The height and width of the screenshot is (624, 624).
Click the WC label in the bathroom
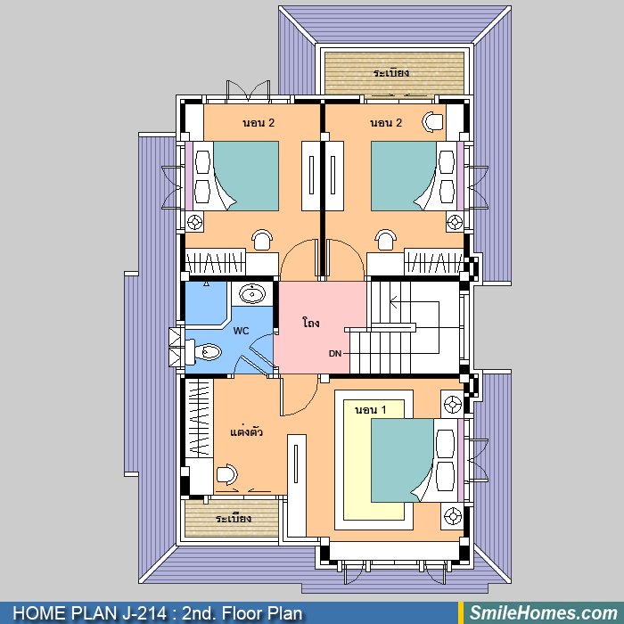click(x=242, y=331)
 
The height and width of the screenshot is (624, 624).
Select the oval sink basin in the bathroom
click(x=252, y=293)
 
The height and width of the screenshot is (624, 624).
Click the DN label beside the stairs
click(x=335, y=353)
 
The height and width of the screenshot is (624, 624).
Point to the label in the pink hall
click(x=311, y=323)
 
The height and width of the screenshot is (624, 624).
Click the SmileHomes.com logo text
click(x=544, y=613)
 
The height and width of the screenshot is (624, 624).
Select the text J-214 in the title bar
click(x=144, y=613)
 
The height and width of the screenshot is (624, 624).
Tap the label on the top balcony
click(x=391, y=73)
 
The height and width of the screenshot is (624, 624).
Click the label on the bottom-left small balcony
click(x=234, y=519)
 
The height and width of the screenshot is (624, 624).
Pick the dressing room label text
click(x=246, y=431)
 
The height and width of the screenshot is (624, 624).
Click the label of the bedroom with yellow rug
click(x=370, y=409)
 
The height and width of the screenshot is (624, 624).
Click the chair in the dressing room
click(x=226, y=474)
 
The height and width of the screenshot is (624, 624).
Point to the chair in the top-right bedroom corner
click(x=432, y=122)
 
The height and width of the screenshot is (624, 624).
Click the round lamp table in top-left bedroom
click(x=194, y=222)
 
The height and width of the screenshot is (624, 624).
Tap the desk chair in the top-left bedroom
click(x=262, y=240)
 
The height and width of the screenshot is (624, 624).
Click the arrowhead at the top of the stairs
click(x=393, y=301)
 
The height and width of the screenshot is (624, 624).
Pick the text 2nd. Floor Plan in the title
click(x=242, y=613)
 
